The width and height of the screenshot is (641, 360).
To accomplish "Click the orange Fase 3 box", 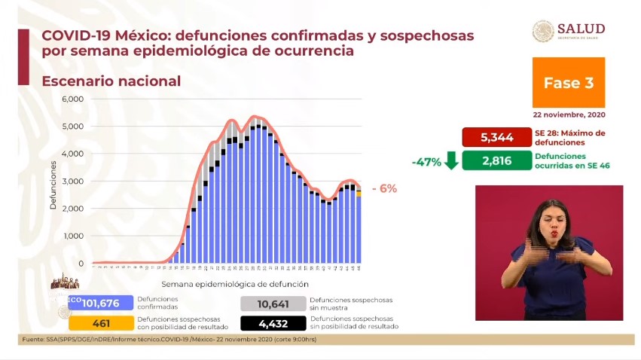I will pyautogui.click(x=568, y=83).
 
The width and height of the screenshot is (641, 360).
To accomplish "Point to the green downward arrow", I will pyautogui.click(x=452, y=161).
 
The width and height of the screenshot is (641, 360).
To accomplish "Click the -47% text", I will pyautogui.click(x=426, y=162).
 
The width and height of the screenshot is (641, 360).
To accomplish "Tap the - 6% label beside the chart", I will pyautogui.click(x=384, y=189).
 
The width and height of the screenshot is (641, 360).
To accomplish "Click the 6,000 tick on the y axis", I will pyautogui.click(x=72, y=99).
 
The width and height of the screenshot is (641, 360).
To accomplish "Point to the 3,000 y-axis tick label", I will pyautogui.click(x=72, y=182).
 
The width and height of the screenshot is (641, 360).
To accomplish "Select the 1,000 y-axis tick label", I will pyautogui.click(x=72, y=236).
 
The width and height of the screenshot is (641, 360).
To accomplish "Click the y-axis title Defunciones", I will pyautogui.click(x=53, y=185).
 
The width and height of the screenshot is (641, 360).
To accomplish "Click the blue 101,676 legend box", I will pyautogui.click(x=100, y=303).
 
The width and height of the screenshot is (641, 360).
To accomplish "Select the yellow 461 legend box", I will pyautogui.click(x=100, y=323).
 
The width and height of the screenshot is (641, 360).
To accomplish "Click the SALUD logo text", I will pyautogui.click(x=581, y=29).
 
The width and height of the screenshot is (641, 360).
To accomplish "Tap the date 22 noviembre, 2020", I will pyautogui.click(x=569, y=115).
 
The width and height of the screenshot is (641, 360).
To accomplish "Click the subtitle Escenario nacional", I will pyautogui.click(x=111, y=81).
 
